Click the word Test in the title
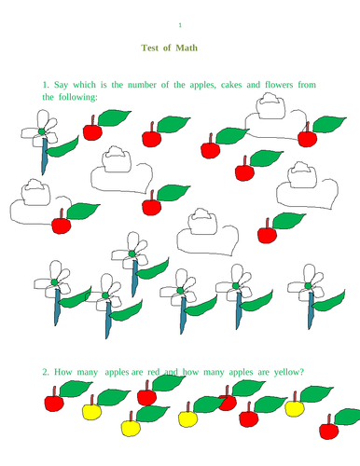pyautogui.click(x=151, y=48)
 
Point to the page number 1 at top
pyautogui.click(x=180, y=24)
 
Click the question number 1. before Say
pyautogui.click(x=46, y=85)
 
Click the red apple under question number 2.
pyautogui.click(x=53, y=404)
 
